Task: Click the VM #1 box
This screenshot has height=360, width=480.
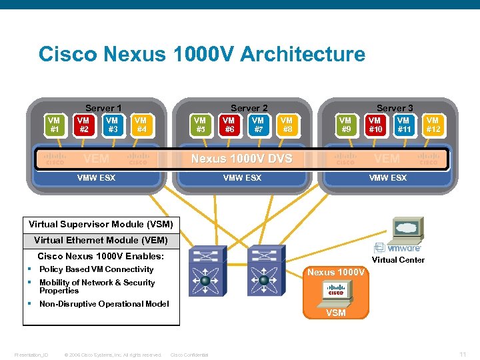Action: tap(54, 125)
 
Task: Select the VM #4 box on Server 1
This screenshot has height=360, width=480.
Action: tap(141, 125)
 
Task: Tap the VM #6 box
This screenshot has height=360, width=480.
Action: tap(229, 125)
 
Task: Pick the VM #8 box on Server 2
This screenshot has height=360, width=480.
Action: tap(287, 125)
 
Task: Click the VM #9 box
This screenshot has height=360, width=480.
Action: tap(345, 125)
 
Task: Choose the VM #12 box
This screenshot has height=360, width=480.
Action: tap(433, 125)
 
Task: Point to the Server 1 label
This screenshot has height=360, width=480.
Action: tap(103, 108)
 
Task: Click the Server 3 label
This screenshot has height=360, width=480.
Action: tap(395, 108)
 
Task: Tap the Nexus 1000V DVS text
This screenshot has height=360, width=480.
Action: tap(241, 159)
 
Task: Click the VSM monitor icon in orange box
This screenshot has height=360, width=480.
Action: tap(335, 291)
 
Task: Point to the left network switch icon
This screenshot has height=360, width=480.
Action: tap(205, 270)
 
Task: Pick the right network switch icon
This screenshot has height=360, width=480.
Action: tap(263, 270)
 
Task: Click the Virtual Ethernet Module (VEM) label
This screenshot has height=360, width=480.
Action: tap(101, 240)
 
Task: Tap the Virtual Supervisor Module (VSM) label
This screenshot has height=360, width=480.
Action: tap(101, 224)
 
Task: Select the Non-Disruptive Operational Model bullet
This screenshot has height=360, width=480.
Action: tap(104, 304)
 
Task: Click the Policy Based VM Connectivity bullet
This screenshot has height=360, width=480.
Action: tap(96, 269)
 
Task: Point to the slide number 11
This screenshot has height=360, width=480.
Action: tap(463, 353)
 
